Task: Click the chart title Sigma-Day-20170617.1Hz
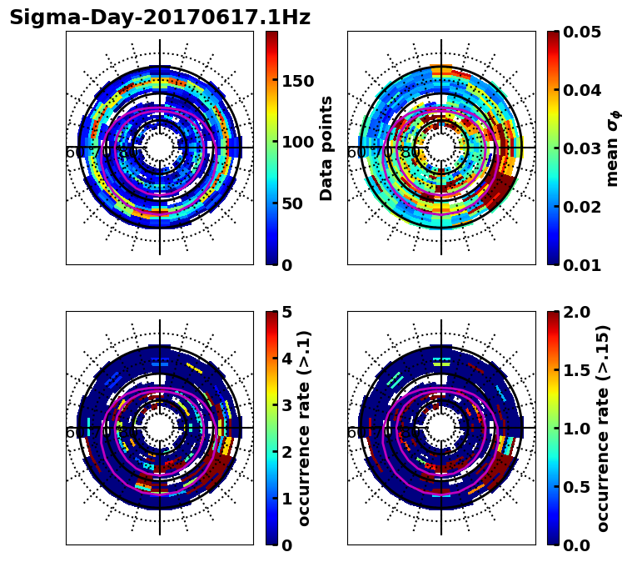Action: [160, 18]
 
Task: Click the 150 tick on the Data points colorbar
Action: [297, 81]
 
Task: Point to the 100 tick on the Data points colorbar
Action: [297, 142]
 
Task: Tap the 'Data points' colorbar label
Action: [326, 148]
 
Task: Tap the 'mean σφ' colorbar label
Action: [612, 148]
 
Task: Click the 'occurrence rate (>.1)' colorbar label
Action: [304, 428]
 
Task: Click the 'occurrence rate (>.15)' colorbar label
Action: [603, 428]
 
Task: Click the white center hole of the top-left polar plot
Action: [160, 148]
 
